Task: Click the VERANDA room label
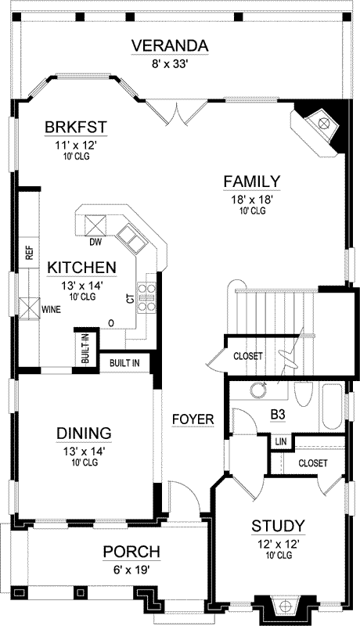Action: coord(170,46)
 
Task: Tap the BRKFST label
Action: coord(76,127)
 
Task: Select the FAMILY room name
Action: coord(252,182)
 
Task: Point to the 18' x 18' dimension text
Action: coord(252,200)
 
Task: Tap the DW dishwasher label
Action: coord(95,242)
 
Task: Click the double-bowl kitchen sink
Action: coord(131,239)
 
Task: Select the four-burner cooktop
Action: coord(146,297)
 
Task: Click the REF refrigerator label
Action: coord(30,253)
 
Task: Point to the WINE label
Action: coord(52,309)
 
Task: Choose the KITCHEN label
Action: coord(82,268)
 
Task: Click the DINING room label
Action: coord(84,434)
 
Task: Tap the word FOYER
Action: coord(193,419)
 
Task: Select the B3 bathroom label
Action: coord(278,415)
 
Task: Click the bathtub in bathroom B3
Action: coord(332,407)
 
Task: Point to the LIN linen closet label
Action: coord(281,442)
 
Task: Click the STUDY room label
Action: coord(278,526)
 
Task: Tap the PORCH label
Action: coord(131,552)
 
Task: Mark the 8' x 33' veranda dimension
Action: coord(170,64)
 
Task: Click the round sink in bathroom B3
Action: coord(258,389)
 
